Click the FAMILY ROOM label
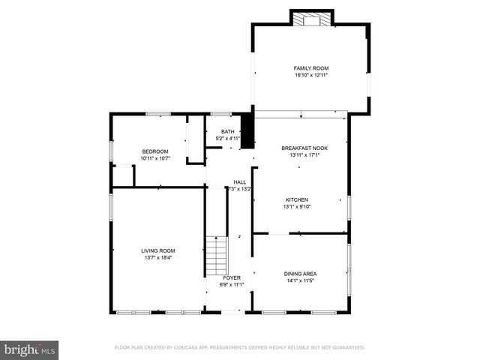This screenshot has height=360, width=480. tap(311, 68)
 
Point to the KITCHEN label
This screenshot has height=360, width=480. tap(296, 199)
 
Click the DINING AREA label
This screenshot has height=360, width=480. tap(300, 274)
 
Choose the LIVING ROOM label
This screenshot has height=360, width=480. tap(158, 250)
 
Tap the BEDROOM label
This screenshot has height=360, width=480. tap(155, 151)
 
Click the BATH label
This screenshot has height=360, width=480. tap(227, 132)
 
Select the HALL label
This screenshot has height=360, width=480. tap(239, 182)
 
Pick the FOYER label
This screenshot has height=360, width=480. tap(232, 277)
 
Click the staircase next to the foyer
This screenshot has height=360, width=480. tap(216, 256)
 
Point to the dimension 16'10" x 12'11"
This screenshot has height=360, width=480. tap(311, 76)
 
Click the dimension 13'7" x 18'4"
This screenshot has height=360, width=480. tap(158, 258)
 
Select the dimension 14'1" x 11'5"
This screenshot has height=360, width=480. tap(300, 281)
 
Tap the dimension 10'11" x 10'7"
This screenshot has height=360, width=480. tap(155, 158)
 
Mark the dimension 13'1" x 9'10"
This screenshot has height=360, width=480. tap(296, 207)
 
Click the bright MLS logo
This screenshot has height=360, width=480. tap(30, 349)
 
